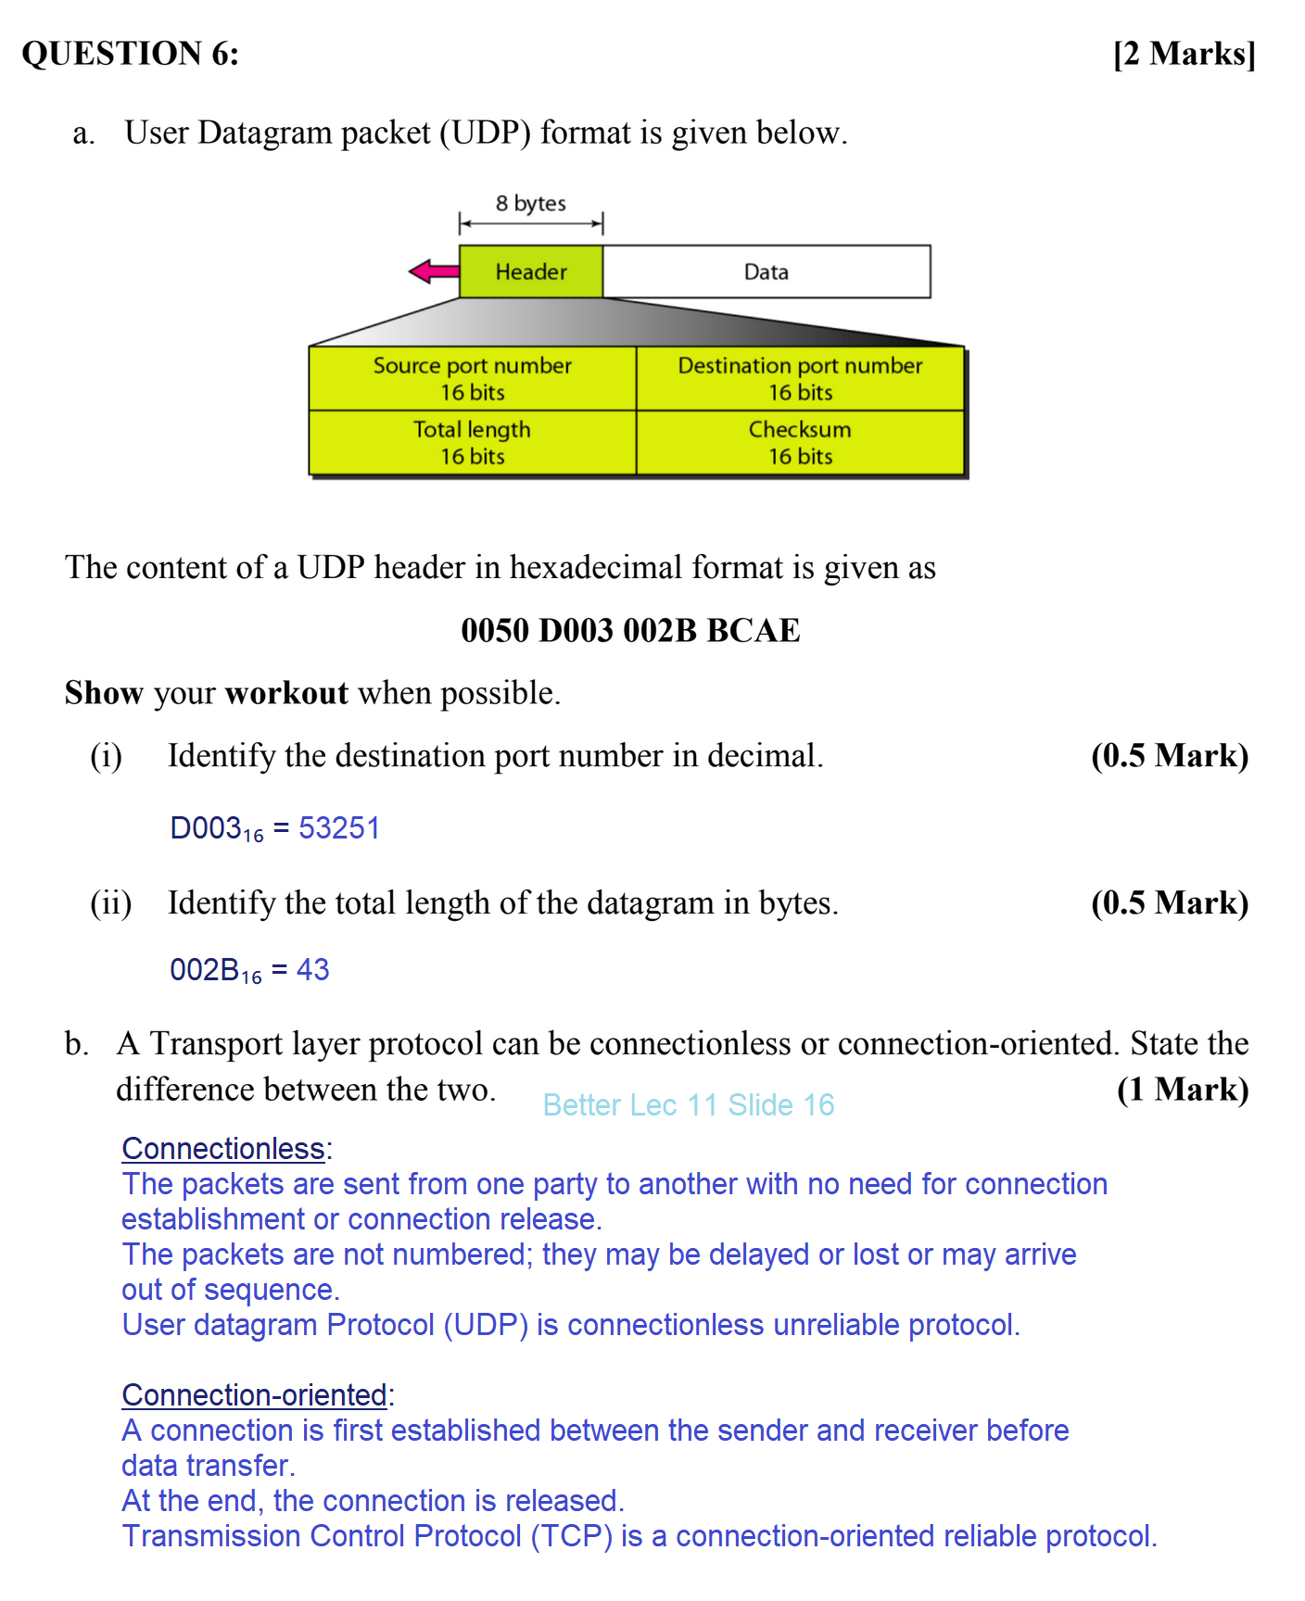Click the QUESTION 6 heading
pos(131,54)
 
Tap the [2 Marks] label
pos(1184,54)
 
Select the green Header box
pos(531,271)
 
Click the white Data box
pos(767,271)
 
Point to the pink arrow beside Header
pos(434,271)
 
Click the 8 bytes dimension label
pos(530,204)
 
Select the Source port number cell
pos(473,378)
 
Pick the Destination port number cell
pos(800,378)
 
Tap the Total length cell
pos(473,442)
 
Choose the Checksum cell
pos(800,442)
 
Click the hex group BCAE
pos(753,631)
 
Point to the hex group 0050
pos(495,631)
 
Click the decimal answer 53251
pos(339,827)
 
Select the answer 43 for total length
pos(313,969)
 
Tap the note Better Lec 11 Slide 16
pos(689,1104)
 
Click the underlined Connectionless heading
pos(223,1149)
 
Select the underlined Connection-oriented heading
pos(255,1395)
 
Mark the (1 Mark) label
pos(1183,1090)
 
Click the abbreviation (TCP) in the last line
pos(571,1536)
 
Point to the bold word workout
pos(286,693)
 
